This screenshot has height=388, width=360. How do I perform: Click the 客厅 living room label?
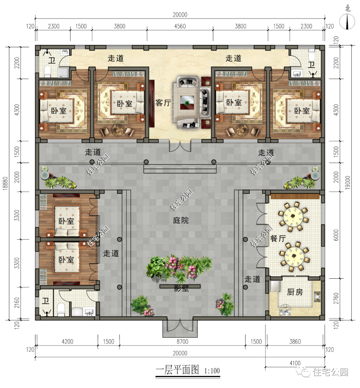[x=163, y=103]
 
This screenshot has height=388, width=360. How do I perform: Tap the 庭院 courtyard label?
[x=181, y=220]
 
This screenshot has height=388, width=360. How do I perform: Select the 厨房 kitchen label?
[x=295, y=292]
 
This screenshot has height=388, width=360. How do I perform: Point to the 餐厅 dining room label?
[x=278, y=239]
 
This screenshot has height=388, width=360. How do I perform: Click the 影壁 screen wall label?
[x=181, y=288]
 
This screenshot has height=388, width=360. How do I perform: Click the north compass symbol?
[x=347, y=22]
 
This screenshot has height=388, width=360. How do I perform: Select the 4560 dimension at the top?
[x=180, y=26]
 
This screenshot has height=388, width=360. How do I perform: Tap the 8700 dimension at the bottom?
[x=182, y=341]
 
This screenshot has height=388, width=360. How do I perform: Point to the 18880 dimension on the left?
[x=5, y=183]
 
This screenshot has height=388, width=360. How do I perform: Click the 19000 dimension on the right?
[x=348, y=183]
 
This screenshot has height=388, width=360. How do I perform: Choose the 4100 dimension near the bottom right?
[x=295, y=363]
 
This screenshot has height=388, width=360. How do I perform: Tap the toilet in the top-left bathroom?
[x=47, y=71]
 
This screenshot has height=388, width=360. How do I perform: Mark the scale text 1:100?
[x=212, y=371]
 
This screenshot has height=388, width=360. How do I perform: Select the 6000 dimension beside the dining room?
[x=336, y=235]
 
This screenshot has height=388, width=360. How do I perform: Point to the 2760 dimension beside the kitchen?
[x=336, y=298]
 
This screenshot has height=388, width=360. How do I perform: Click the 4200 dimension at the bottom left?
[x=67, y=341]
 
